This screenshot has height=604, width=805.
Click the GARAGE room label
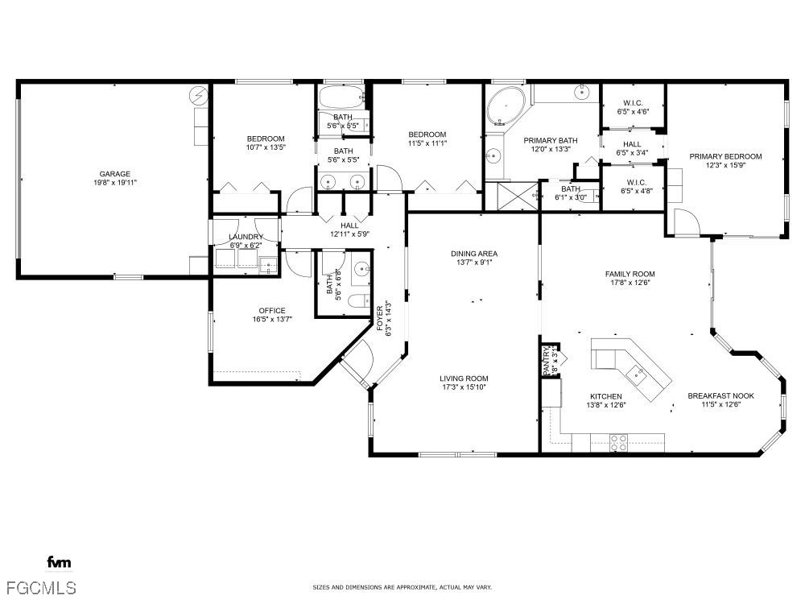114,174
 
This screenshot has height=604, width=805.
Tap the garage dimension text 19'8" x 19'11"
114,182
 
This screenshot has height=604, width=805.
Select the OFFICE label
272,311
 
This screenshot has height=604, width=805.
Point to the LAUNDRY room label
246,237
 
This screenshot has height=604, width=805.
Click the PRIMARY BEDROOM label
725,157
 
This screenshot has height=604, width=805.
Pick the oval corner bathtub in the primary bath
506,106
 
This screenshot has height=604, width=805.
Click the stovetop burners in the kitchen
618,443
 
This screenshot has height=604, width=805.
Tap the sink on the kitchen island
637,374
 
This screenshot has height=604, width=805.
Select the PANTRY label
547,360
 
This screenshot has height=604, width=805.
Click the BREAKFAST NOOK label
720,395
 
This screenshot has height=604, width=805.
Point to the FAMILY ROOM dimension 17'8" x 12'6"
630,282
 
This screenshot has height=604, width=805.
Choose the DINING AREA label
474,254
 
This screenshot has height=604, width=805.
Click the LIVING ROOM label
464,379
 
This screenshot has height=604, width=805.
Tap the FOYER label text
380,318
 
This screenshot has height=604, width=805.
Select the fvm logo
59,562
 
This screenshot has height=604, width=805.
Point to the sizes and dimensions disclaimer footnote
402,587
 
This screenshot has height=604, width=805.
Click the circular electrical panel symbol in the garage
198,95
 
